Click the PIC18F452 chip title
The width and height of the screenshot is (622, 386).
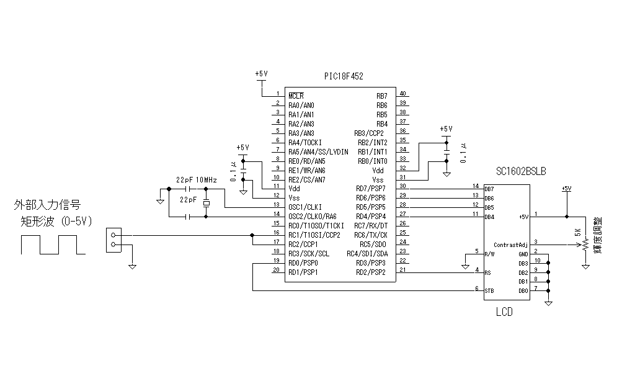click(x=344, y=76)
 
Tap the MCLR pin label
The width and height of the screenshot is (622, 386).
click(x=296, y=96)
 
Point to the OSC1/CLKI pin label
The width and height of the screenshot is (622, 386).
click(x=306, y=207)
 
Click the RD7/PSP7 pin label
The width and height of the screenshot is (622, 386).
click(x=371, y=188)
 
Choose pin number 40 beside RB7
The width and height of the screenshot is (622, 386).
click(x=402, y=93)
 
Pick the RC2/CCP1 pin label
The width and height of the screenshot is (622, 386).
click(x=303, y=244)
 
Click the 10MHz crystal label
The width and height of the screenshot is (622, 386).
click(x=207, y=179)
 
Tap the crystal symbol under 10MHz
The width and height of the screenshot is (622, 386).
click(x=205, y=202)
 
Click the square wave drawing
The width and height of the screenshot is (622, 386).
click(x=53, y=245)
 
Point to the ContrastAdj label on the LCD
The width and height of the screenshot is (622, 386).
click(x=511, y=245)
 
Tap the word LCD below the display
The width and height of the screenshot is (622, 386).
click(x=504, y=312)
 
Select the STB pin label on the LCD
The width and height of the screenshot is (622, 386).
click(x=490, y=290)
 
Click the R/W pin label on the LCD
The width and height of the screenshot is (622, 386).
click(x=490, y=254)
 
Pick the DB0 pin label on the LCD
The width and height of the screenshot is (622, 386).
click(x=523, y=290)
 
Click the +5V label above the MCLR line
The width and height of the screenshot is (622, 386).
click(x=261, y=73)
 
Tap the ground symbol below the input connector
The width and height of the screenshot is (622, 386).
click(x=132, y=266)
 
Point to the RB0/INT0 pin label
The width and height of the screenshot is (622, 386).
click(x=371, y=161)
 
